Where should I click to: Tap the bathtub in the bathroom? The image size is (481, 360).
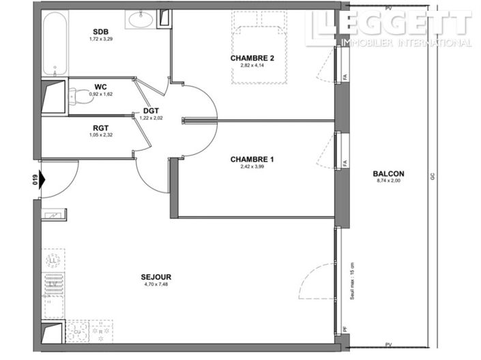tap(54, 44)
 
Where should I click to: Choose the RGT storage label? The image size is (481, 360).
tap(102, 127)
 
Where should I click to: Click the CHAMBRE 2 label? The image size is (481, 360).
tap(252, 59)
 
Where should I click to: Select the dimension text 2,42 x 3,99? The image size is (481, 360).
tap(252, 166)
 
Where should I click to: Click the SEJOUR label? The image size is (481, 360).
tap(156, 277)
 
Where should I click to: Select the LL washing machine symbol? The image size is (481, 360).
tap(53, 260)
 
